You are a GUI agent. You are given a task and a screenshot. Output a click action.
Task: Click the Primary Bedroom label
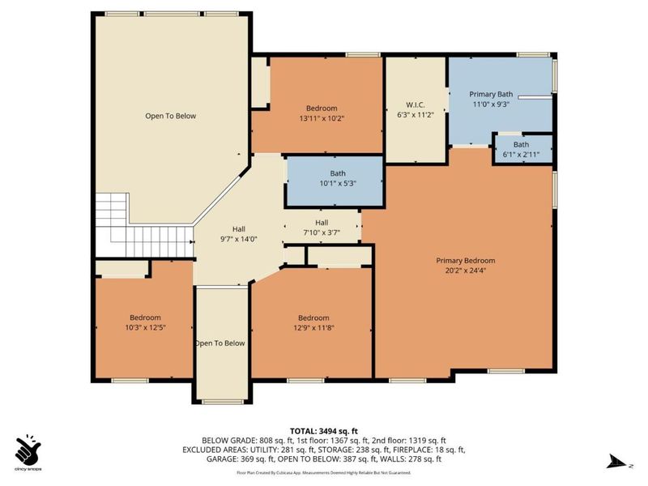click(465, 260)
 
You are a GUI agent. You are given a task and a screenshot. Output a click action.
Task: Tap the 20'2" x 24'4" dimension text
click(465, 271)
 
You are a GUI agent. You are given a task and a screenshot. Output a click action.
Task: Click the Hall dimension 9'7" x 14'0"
click(239, 239)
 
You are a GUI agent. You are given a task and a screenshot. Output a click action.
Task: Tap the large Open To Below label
click(170, 116)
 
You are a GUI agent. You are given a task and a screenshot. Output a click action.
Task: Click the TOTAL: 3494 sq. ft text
click(323, 431)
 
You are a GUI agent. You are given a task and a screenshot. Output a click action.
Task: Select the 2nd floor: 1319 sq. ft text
click(424, 440)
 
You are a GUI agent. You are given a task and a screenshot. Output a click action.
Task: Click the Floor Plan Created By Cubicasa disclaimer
click(323, 471)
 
